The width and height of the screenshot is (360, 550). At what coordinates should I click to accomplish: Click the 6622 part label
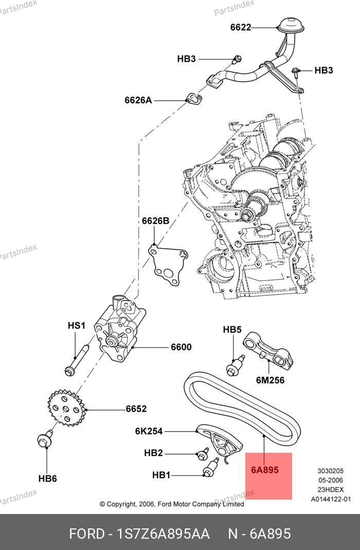(240, 27)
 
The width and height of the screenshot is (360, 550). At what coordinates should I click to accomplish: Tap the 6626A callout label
(138, 100)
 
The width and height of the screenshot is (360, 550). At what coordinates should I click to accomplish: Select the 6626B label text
(155, 221)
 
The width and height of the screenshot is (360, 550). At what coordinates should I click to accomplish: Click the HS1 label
(76, 325)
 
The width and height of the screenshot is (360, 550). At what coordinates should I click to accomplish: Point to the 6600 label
(181, 347)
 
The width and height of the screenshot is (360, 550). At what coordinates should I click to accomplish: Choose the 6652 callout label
(136, 409)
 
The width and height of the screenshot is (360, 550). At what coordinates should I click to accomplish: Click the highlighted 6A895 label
(265, 469)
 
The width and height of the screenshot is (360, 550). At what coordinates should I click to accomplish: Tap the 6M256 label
(270, 380)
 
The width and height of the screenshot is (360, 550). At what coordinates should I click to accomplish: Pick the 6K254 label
(149, 431)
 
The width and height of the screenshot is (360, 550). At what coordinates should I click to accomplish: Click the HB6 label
(47, 479)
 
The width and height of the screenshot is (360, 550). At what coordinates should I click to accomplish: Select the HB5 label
(232, 329)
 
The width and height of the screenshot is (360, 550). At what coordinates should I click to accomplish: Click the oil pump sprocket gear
(65, 409)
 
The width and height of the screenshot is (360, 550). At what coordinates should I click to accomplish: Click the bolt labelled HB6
(44, 441)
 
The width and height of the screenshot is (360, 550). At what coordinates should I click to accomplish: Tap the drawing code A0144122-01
(331, 499)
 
